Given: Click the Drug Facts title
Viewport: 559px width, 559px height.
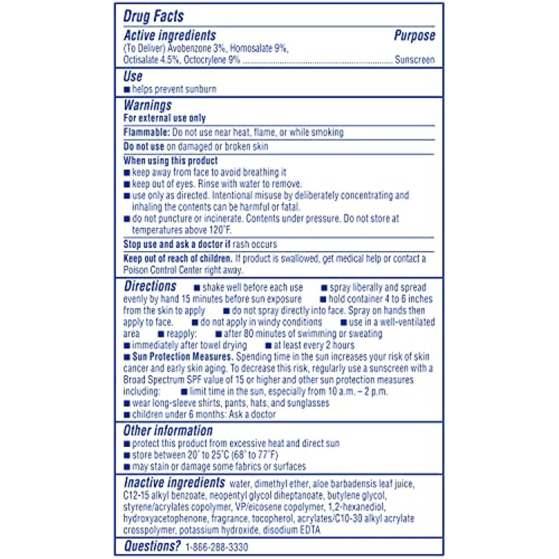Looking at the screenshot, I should point(154,16).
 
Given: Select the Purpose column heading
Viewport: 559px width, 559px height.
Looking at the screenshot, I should point(414,36).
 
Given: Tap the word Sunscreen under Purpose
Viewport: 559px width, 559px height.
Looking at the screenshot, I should point(414,60).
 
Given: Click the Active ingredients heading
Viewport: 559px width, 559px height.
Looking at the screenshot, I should point(170,36).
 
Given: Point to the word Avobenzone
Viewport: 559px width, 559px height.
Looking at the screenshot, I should point(190,48).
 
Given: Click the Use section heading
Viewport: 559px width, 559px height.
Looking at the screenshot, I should point(133,76).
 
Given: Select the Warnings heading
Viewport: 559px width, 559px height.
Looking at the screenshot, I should point(148,105).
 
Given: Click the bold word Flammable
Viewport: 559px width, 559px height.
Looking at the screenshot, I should point(146,132).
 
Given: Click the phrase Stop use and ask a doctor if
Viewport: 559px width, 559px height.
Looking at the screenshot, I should point(177,244).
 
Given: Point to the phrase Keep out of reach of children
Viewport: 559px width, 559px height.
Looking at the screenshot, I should point(177,259).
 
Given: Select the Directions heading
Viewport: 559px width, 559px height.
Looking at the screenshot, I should point(150,286).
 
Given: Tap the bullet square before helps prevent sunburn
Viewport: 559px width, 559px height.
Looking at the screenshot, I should point(127,89).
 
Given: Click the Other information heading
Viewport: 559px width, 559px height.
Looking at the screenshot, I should point(168,430).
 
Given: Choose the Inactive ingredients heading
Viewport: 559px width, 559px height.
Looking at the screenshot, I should point(174,483).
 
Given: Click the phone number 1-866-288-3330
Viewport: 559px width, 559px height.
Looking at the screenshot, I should point(217,547).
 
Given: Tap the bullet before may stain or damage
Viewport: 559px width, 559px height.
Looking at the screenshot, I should point(127,467).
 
